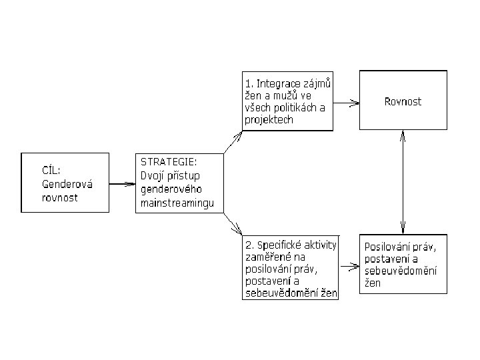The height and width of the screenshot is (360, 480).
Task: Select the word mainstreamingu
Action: (x=177, y=203)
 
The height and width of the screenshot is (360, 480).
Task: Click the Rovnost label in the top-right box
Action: (x=403, y=101)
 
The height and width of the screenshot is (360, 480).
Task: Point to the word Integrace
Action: (x=281, y=84)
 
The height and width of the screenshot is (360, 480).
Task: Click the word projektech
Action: (x=269, y=120)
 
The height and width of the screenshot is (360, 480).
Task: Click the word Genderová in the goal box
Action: (x=69, y=184)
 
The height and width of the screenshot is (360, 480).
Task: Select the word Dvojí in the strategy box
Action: (x=154, y=176)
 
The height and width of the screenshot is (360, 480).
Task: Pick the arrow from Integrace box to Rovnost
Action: (x=347, y=103)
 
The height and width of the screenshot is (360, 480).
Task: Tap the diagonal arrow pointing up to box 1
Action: (x=233, y=142)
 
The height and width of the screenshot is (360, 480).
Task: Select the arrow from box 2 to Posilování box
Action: (x=349, y=267)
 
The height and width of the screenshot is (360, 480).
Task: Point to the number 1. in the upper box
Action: (x=249, y=84)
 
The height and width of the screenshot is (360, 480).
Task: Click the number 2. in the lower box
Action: (x=249, y=246)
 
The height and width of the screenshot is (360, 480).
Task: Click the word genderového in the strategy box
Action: (x=170, y=189)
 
